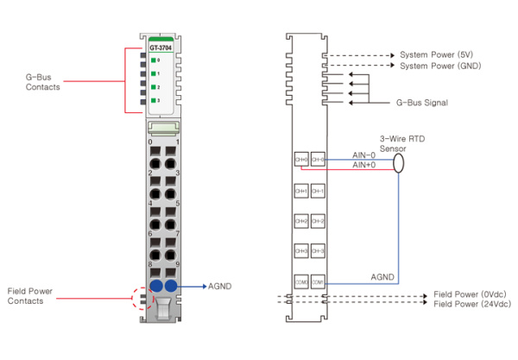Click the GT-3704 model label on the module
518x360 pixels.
click(x=160, y=49)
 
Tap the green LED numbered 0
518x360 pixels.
click(x=154, y=60)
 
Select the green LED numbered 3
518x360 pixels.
click(x=154, y=102)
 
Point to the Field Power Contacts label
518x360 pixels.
click(x=31, y=295)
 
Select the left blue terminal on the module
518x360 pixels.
click(x=156, y=286)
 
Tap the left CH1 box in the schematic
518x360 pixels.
click(x=300, y=190)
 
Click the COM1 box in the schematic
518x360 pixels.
click(x=318, y=282)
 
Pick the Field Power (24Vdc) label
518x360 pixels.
click(x=472, y=304)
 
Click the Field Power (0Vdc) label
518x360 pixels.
click(x=471, y=294)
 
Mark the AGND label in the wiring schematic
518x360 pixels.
click(x=383, y=277)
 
